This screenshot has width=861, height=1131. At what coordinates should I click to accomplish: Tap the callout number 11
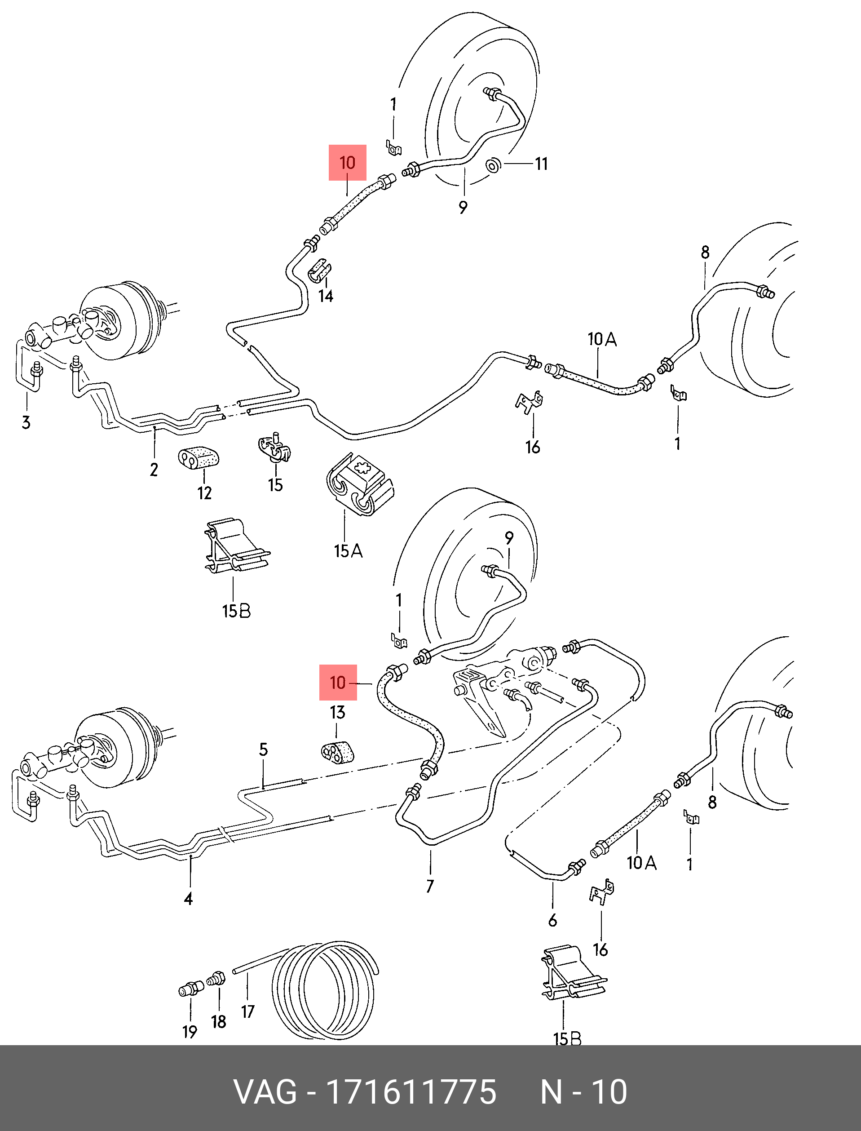coord(541,164)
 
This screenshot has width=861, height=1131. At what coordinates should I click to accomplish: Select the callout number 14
coord(326,296)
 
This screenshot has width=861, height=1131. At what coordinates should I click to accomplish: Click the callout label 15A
coord(348,551)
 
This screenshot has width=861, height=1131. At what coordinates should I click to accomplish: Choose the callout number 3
coord(26,423)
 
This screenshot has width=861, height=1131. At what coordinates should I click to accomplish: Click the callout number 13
coord(337,712)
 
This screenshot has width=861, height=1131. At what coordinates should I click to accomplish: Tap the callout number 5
coord(264,750)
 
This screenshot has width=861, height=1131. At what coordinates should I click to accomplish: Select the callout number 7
coord(430,886)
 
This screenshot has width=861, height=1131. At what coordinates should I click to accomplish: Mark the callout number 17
coord(248,1011)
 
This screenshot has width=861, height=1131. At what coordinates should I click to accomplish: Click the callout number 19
coord(190,1032)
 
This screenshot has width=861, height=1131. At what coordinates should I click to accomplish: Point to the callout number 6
coord(552,920)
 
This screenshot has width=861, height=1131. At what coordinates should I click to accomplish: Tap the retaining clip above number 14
coord(319,272)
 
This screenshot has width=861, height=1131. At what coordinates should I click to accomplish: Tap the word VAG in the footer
coord(265,1092)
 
